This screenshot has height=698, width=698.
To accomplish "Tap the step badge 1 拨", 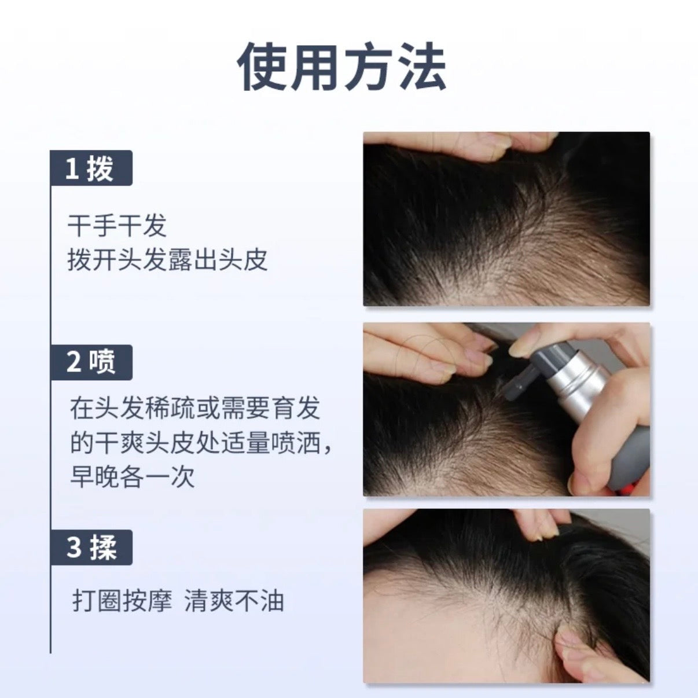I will coord(91,168).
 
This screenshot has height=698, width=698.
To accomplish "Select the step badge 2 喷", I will coord(91,362).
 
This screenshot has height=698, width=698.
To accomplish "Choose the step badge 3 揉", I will coord(91,547).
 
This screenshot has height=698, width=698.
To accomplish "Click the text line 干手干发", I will coord(117,226).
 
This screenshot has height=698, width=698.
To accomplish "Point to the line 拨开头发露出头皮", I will coord(167,260).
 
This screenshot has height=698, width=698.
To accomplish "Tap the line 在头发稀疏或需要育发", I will coord(195,409).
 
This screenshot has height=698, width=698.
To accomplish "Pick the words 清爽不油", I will coord(234,601).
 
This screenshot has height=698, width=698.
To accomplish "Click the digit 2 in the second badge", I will coord(74,363).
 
